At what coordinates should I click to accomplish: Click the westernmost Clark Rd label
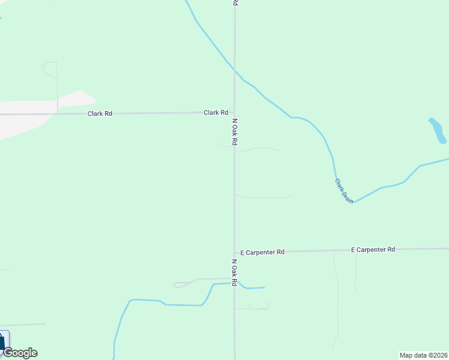(x=100, y=113)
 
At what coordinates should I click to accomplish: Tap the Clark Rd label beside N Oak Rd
(x=215, y=112)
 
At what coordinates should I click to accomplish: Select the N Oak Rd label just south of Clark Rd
(x=235, y=131)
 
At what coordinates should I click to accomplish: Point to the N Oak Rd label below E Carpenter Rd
(x=235, y=272)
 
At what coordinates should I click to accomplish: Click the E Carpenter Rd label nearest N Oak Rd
(x=262, y=253)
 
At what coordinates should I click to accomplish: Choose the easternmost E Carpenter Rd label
(x=373, y=249)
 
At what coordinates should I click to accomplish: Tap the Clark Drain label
(x=344, y=191)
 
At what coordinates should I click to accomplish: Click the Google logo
(x=20, y=353)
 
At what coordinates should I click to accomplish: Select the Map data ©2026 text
(x=423, y=355)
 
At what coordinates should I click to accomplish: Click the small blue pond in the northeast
(x=437, y=130)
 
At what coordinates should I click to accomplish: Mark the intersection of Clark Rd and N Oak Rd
(x=234, y=112)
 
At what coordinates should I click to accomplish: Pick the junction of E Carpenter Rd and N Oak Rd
(x=234, y=252)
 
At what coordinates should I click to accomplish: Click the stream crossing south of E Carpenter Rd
(x=234, y=283)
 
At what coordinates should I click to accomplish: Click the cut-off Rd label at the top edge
(x=235, y=3)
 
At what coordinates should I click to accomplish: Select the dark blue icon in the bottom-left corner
(x=3, y=342)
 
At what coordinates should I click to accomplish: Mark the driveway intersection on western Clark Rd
(x=58, y=113)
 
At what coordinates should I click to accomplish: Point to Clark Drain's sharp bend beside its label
(x=354, y=202)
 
